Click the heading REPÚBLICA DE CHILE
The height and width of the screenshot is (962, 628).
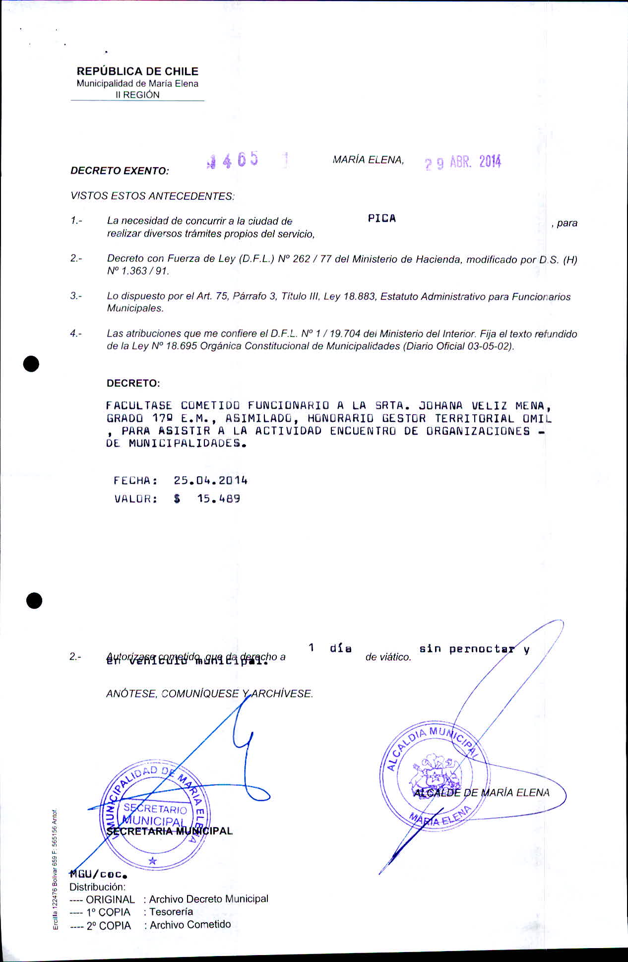click(137, 71)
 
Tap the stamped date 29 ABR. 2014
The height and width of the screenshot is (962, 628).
click(463, 162)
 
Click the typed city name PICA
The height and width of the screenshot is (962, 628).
click(382, 219)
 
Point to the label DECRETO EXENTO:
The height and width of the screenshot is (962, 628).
click(120, 171)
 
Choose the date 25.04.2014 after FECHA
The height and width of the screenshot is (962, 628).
click(210, 480)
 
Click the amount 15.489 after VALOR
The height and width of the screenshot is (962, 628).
click(218, 499)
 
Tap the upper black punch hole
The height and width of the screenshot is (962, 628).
click(31, 364)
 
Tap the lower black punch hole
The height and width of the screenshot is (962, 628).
click(34, 600)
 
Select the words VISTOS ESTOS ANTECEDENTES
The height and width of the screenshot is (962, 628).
click(152, 196)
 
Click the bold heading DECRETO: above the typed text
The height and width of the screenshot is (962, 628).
click(133, 384)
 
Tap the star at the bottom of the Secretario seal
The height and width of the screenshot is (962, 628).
click(153, 861)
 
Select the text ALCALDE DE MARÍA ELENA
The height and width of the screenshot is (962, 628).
click(481, 793)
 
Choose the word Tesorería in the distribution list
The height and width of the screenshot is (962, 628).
click(171, 911)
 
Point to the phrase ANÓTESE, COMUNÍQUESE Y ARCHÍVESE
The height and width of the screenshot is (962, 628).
click(209, 694)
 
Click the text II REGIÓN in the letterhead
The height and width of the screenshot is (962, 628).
click(137, 95)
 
